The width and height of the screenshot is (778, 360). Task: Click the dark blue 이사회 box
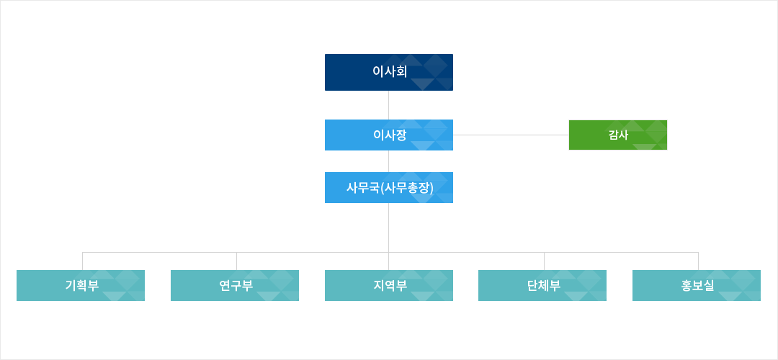pos(389,73)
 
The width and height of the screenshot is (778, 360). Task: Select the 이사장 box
pos(389,135)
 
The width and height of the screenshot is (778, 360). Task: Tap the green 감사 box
pos(618,135)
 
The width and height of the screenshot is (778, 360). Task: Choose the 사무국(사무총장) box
pos(389,187)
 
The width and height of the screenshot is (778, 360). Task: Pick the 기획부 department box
pos(81,285)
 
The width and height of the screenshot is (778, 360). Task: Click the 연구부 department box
pos(235,285)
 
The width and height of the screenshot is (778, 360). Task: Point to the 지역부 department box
pos(389,285)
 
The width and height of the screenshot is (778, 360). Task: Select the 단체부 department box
pos(542,285)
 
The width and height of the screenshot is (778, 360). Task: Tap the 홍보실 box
pos(697,285)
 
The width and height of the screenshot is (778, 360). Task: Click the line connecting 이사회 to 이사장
pos(388,105)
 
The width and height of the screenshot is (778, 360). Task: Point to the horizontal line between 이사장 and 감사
pos(511,135)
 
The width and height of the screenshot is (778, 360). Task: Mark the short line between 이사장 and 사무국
pos(388,161)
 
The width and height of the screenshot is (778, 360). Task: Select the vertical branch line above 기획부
pos(82,261)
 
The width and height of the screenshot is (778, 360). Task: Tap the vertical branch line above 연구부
pos(237,261)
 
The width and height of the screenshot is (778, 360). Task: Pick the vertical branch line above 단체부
pos(545,261)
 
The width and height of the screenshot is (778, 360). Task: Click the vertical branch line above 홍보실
pos(698,261)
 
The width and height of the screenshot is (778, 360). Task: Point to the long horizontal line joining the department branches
pos(390,253)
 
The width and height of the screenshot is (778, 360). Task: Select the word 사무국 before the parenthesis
pos(363,188)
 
